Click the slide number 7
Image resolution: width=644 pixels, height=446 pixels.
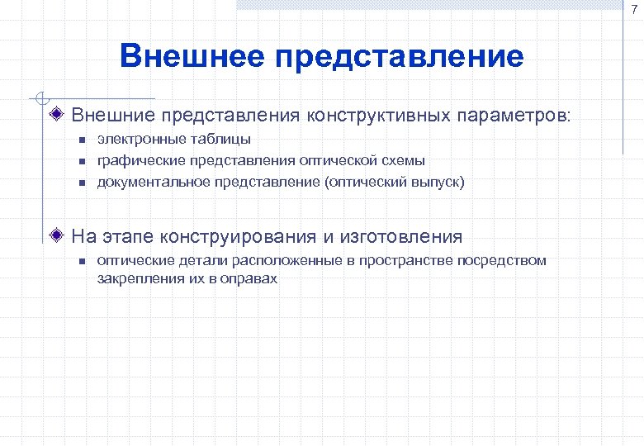pos(632,8)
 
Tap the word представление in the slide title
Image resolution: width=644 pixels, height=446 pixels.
pos(400,57)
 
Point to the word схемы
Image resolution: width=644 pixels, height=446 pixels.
pos(402,160)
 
